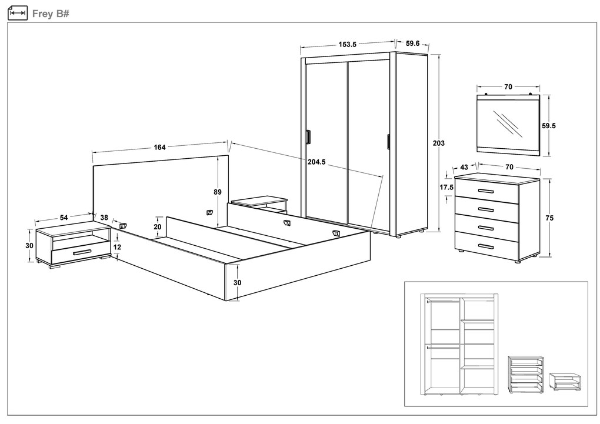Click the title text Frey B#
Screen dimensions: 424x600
coord(51,13)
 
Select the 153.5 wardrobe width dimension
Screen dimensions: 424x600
coord(348,44)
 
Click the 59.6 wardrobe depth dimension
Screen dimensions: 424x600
coord(412,43)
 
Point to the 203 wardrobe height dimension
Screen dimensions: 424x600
coord(438,143)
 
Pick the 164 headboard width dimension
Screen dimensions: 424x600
coord(159,147)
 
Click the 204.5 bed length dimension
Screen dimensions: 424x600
coord(316,162)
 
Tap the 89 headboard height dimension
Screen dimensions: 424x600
coord(218,192)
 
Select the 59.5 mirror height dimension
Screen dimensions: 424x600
coord(549,125)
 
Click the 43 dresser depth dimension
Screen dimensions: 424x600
coord(464,167)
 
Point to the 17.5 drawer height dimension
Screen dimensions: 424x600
coord(446,187)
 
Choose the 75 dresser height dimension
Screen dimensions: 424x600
coord(549,218)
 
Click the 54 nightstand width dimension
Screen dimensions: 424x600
coord(64,218)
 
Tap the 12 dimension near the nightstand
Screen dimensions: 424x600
coord(117,247)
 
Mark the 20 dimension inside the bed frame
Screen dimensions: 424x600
coord(157,226)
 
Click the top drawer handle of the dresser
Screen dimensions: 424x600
coord(486,192)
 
